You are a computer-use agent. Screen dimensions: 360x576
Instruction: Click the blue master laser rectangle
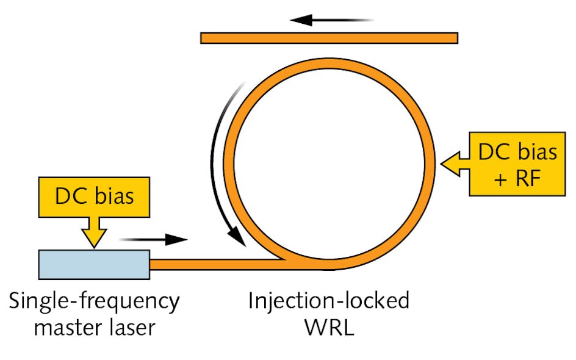coord(93,264)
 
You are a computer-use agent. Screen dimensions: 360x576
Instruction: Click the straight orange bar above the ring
coord(329,38)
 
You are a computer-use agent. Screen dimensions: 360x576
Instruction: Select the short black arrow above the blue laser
coord(153,239)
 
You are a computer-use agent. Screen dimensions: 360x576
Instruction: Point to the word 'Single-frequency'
coord(94,301)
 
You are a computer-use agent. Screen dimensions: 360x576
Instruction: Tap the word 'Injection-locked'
coord(328,301)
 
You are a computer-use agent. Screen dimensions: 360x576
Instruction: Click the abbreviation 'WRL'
coord(328,328)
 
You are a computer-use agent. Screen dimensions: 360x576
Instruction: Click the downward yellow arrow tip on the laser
coord(93,245)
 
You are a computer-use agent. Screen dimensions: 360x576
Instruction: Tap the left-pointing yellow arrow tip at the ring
coord(444,163)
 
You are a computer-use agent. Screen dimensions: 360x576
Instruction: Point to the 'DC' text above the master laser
coord(72,197)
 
